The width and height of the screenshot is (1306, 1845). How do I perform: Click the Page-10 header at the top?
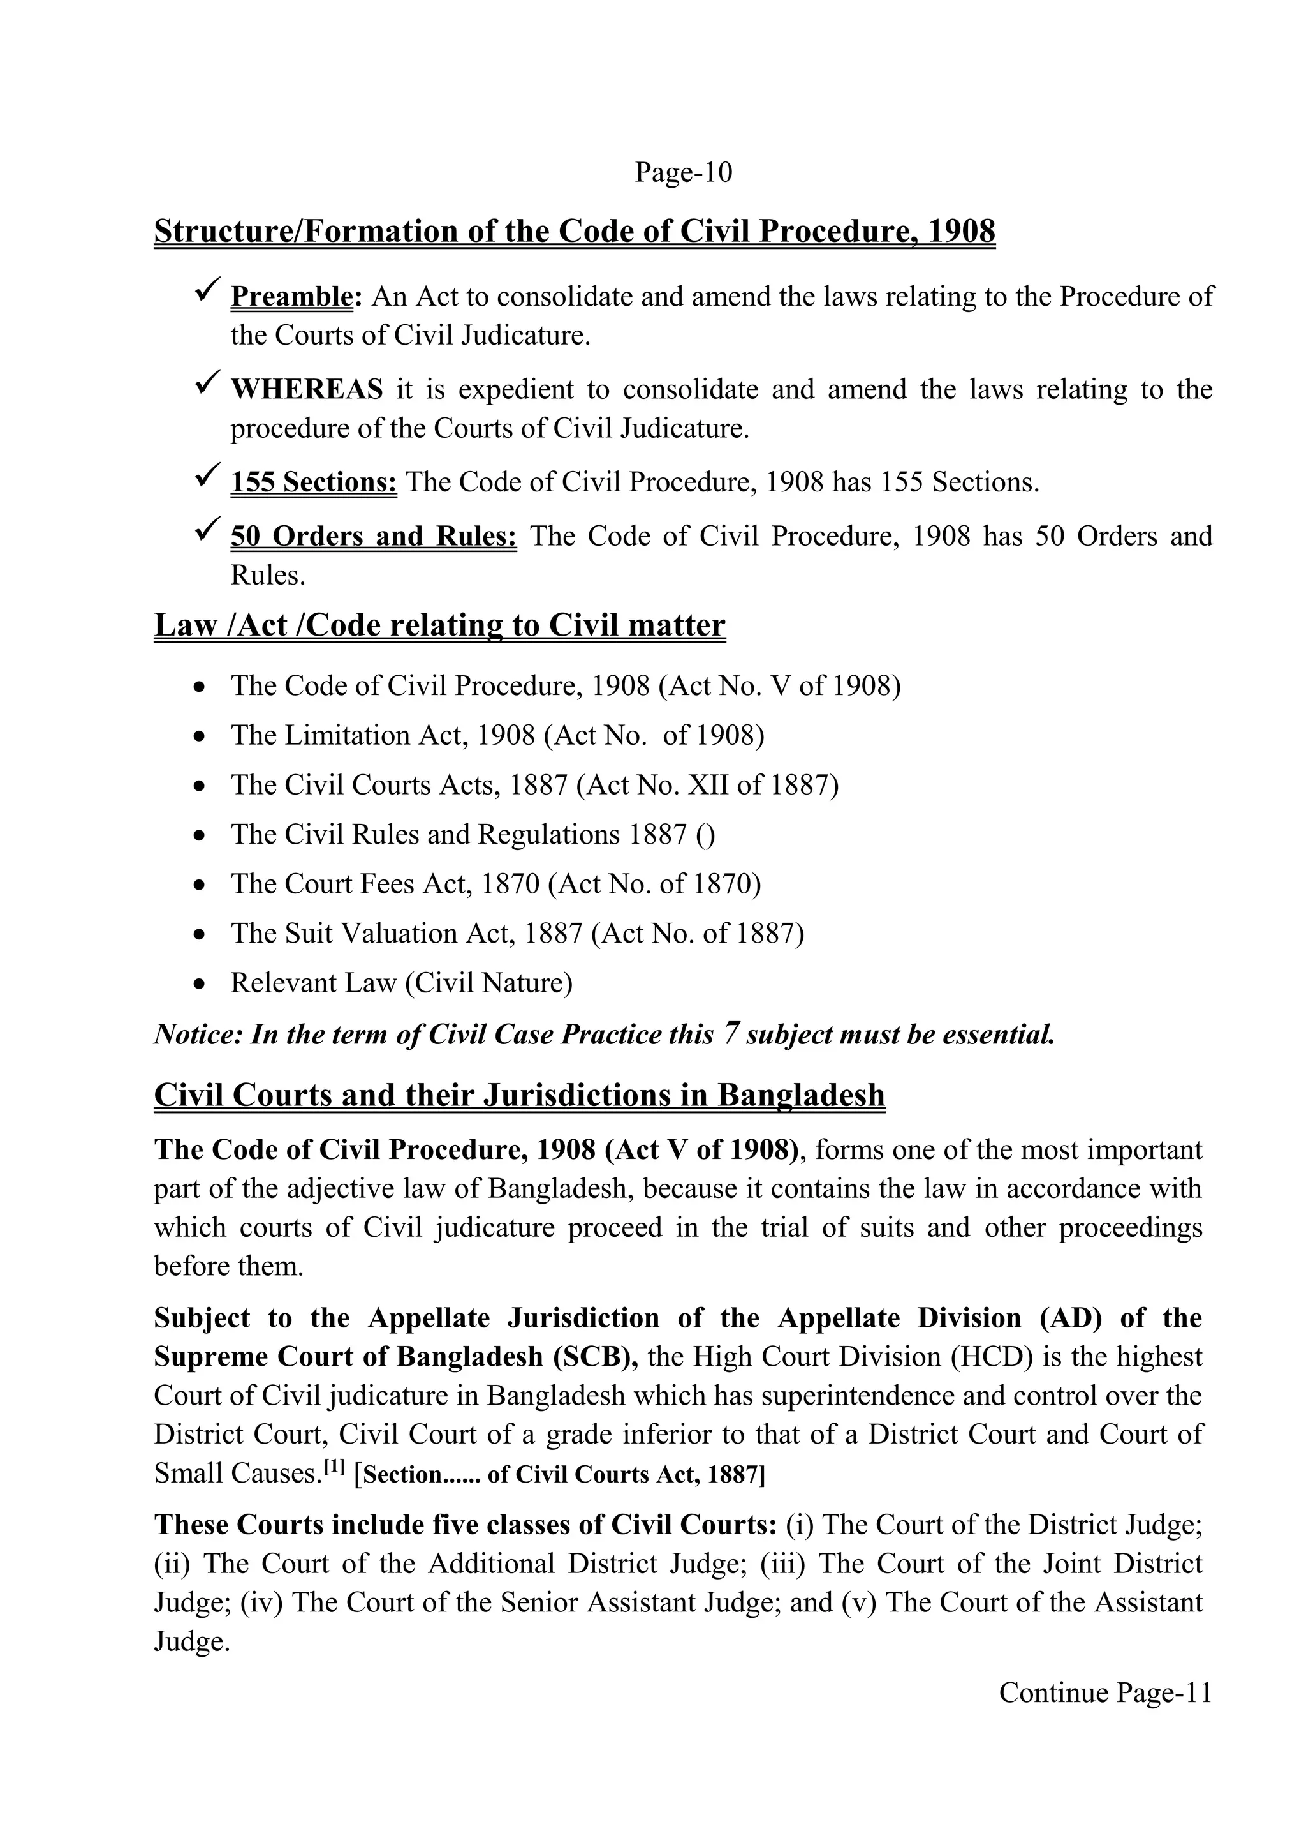click(x=684, y=173)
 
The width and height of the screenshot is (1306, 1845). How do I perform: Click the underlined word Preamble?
click(x=291, y=297)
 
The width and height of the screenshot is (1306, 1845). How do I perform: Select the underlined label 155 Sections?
click(x=314, y=482)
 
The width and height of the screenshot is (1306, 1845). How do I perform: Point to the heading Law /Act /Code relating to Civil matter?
click(x=439, y=625)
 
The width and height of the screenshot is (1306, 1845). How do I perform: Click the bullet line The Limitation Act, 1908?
click(x=497, y=735)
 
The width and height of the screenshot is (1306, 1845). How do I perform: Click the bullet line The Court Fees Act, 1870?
click(x=495, y=885)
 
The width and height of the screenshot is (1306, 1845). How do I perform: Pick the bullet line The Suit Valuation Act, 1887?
click(x=517, y=934)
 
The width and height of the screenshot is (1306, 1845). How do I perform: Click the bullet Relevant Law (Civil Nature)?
click(x=401, y=983)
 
